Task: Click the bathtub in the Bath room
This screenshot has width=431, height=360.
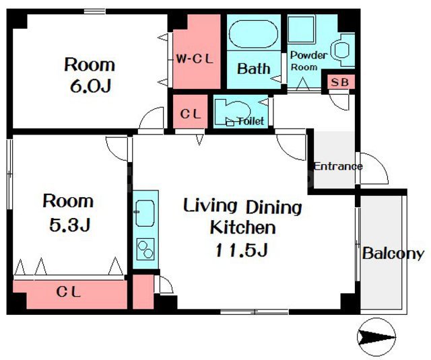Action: click(x=253, y=34)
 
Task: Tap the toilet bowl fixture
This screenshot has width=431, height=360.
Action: click(x=233, y=112)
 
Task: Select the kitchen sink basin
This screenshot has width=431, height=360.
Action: click(x=145, y=213)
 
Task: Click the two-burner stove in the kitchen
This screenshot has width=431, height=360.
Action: click(x=145, y=250)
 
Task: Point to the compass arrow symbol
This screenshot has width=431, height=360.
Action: click(x=376, y=336)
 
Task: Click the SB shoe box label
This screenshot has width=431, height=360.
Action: click(x=339, y=82)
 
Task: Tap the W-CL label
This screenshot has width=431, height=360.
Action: click(x=195, y=59)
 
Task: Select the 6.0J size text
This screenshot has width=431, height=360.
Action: click(x=91, y=86)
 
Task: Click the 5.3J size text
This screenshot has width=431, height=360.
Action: click(x=69, y=225)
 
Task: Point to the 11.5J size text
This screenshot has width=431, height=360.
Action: click(x=242, y=250)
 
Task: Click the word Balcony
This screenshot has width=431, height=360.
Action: click(x=393, y=254)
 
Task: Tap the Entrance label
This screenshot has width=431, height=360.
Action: click(x=338, y=166)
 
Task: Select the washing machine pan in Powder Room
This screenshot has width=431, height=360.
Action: click(x=302, y=30)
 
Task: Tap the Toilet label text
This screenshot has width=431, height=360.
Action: click(x=251, y=121)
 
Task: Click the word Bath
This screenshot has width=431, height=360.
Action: click(x=253, y=69)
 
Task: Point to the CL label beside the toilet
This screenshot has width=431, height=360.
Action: click(x=191, y=114)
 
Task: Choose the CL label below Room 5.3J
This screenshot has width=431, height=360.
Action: click(x=69, y=292)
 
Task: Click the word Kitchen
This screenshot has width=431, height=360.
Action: click(x=242, y=227)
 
